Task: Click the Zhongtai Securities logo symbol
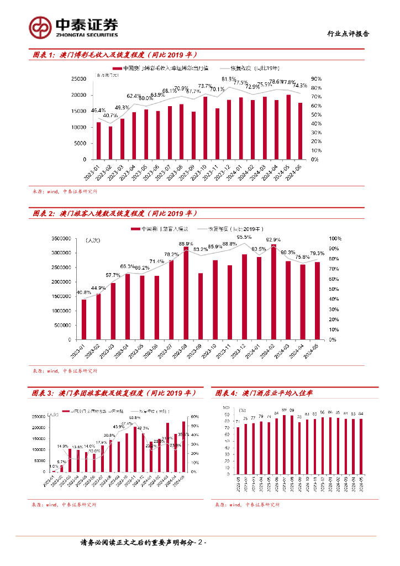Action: [40, 26]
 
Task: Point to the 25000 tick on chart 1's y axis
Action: [80, 79]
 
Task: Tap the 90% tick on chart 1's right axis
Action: [316, 79]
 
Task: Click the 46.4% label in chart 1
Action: [98, 111]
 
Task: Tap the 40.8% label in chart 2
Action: [83, 292]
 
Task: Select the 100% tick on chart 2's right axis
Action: [336, 239]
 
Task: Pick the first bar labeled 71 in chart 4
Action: [238, 450]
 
